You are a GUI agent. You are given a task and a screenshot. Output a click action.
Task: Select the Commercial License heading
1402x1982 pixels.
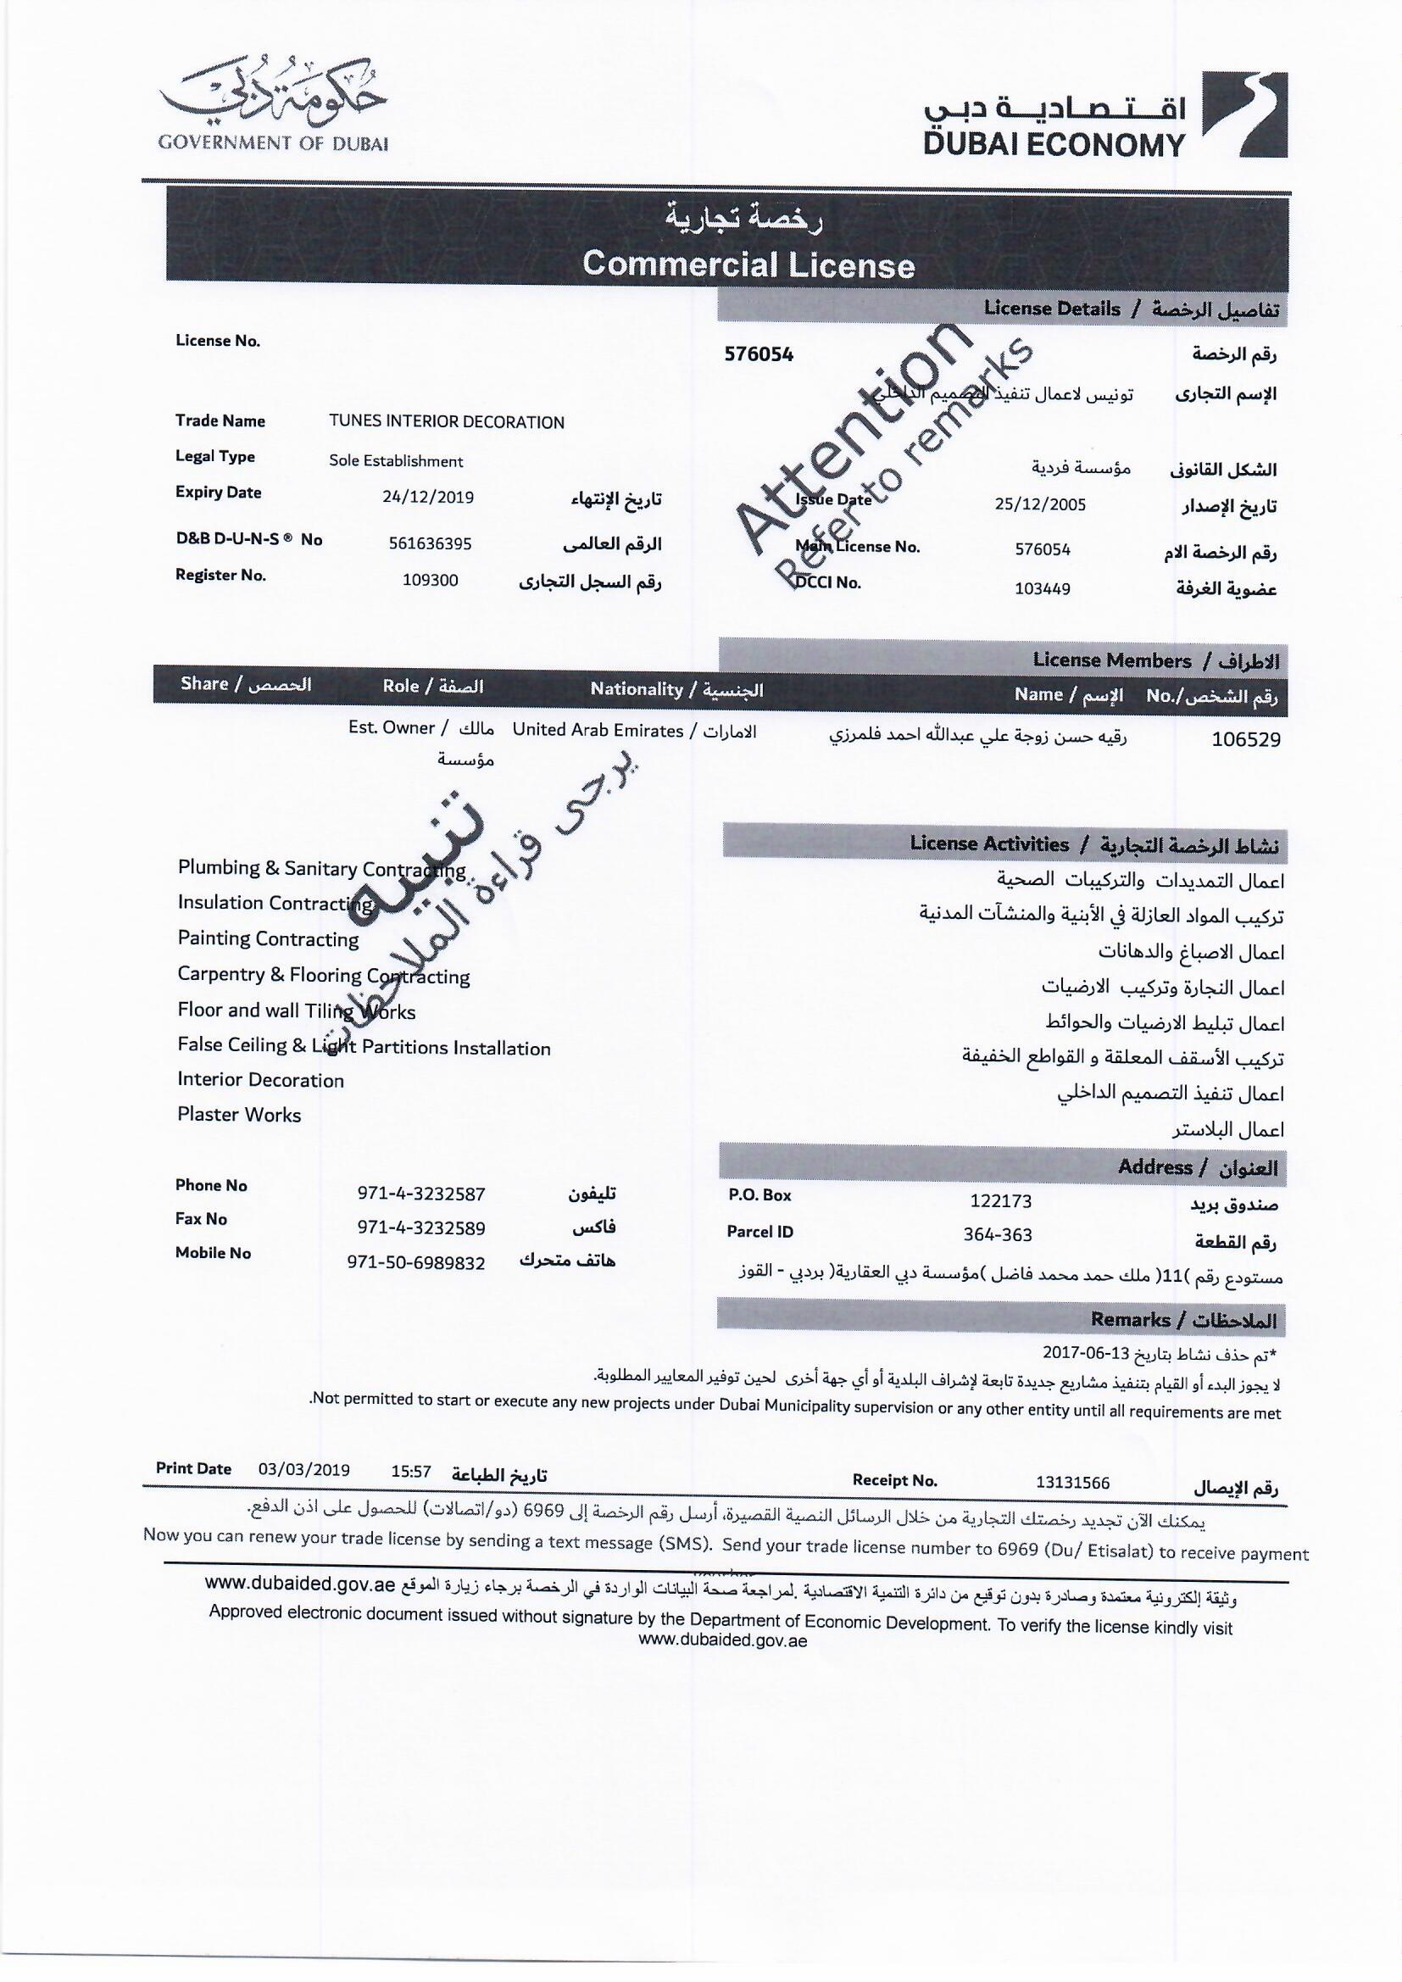pyautogui.click(x=748, y=264)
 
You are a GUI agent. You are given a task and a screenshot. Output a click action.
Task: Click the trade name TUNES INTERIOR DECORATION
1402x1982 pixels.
pyautogui.click(x=447, y=422)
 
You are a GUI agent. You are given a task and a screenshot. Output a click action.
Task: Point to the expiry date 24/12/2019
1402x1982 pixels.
pyautogui.click(x=427, y=498)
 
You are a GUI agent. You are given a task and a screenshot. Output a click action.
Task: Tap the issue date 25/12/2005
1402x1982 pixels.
pyautogui.click(x=1039, y=505)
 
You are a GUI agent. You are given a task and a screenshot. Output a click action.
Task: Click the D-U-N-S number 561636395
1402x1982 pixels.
pyautogui.click(x=430, y=544)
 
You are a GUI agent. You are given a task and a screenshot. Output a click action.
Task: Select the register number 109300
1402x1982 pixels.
pyautogui.click(x=430, y=580)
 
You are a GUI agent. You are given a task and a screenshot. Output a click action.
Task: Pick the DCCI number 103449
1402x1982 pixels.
pyautogui.click(x=1042, y=588)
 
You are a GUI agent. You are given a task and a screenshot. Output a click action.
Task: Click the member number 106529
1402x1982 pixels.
pyautogui.click(x=1245, y=739)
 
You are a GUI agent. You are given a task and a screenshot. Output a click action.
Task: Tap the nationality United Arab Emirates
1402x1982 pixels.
pyautogui.click(x=598, y=730)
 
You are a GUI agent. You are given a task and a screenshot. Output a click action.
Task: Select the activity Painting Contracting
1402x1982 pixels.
pyautogui.click(x=268, y=938)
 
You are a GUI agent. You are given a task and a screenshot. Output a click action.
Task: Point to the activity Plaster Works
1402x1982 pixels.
pyautogui.click(x=239, y=1115)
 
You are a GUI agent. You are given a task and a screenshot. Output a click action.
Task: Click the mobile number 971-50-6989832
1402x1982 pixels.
pyautogui.click(x=415, y=1263)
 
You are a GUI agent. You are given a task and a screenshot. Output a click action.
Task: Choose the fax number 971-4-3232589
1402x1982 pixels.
pyautogui.click(x=420, y=1228)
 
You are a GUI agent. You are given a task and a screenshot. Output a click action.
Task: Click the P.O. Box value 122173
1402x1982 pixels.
pyautogui.click(x=1000, y=1200)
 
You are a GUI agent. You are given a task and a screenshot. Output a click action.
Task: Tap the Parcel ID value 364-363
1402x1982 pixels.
pyautogui.click(x=997, y=1234)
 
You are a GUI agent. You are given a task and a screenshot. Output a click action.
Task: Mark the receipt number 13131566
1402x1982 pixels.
pyautogui.click(x=1072, y=1483)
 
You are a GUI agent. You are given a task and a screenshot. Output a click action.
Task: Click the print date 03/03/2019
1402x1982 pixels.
pyautogui.click(x=304, y=1469)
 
